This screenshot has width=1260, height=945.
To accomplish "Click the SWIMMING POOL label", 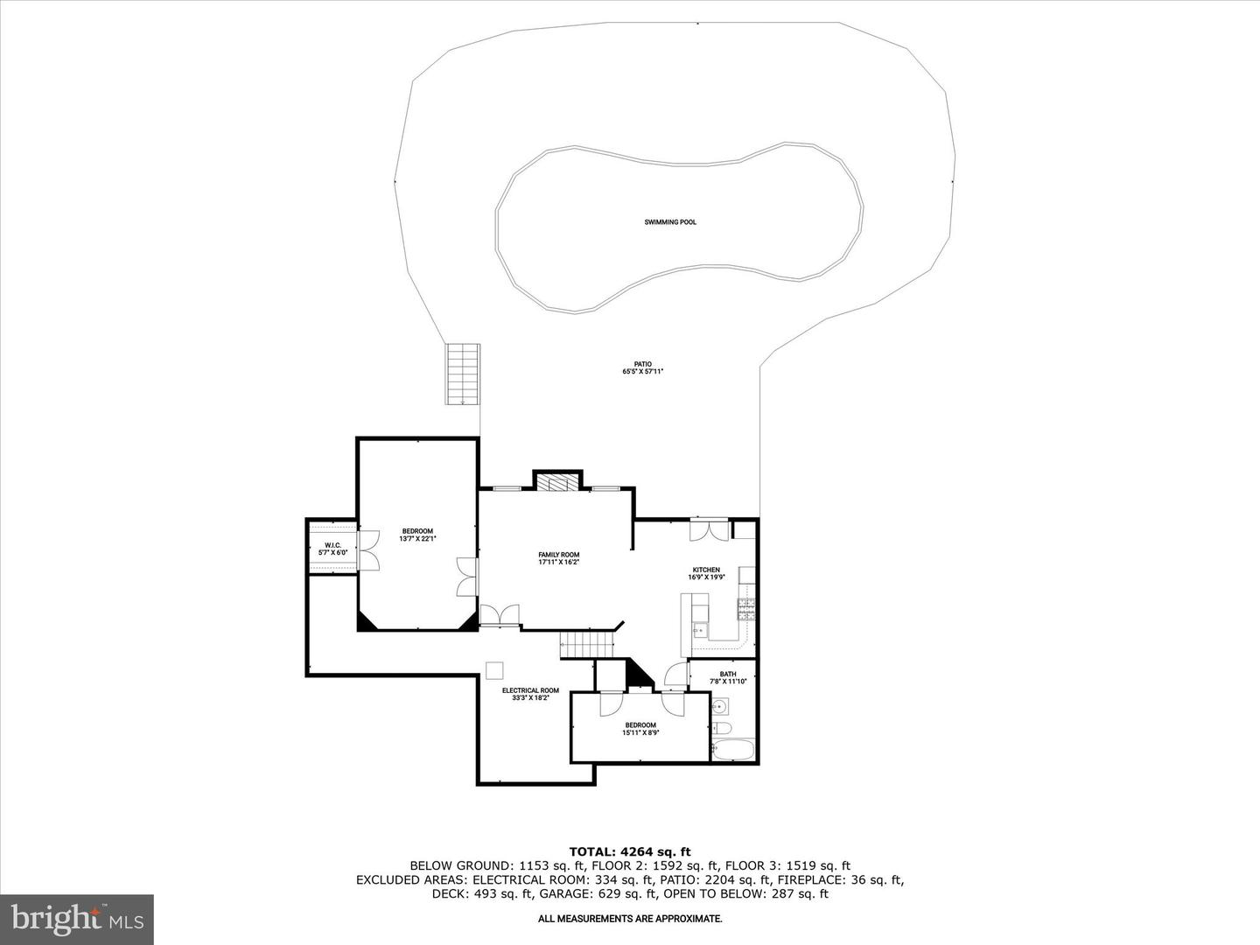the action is [x=670, y=222].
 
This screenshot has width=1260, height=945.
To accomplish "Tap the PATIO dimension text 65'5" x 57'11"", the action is [x=643, y=371].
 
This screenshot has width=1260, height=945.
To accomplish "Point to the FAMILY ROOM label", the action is [x=558, y=555].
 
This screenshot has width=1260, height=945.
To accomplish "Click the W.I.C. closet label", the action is [x=333, y=545].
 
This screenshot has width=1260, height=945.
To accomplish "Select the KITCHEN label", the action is [x=706, y=570].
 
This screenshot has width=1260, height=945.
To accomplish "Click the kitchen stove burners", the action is [x=746, y=609].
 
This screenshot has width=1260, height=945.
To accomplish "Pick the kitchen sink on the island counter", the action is [x=700, y=631].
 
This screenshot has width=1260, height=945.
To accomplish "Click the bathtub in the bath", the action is [x=732, y=749].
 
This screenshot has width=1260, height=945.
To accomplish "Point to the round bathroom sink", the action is [x=720, y=706].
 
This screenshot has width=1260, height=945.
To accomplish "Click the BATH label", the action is [x=728, y=674].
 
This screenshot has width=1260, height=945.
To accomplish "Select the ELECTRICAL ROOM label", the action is [x=530, y=690].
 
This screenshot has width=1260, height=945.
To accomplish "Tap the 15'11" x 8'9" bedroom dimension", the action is [x=640, y=732].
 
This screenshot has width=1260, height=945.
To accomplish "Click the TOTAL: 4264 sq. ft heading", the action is [x=630, y=851].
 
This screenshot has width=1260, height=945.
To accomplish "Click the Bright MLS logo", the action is [x=76, y=919].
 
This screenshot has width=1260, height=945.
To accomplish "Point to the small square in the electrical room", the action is [x=494, y=671].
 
